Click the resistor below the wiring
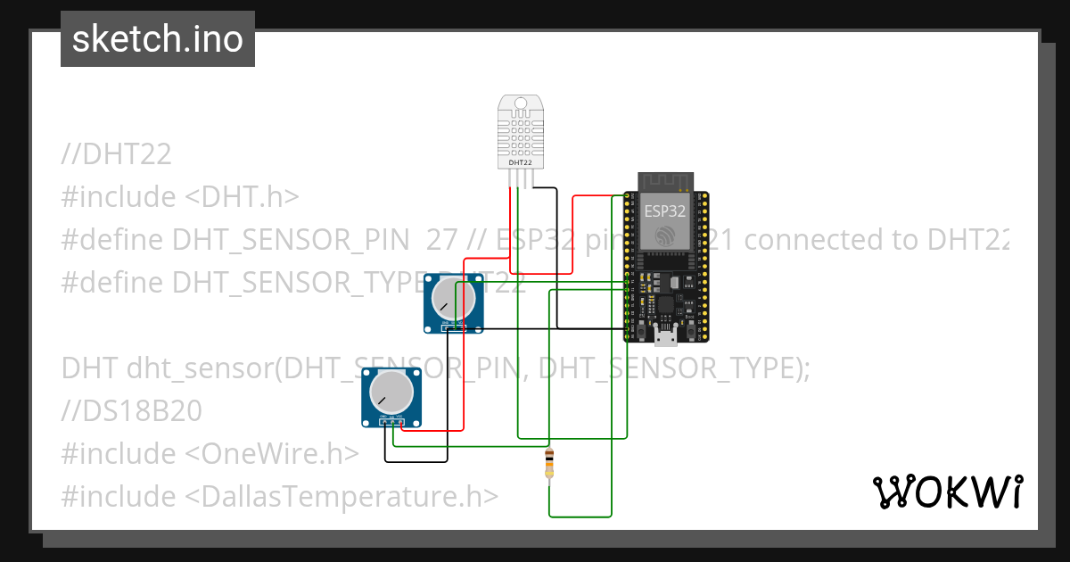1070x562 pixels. tap(548, 464)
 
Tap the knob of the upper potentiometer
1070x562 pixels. tap(452, 299)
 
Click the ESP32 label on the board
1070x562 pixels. tap(665, 212)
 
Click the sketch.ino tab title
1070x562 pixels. tap(158, 39)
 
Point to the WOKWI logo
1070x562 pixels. tap(947, 492)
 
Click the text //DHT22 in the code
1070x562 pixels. tap(117, 154)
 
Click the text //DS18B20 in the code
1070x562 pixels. tap(132, 411)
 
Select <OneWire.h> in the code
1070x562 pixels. tap(271, 454)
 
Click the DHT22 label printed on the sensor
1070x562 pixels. tap(520, 163)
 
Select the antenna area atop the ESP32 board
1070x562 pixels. tap(665, 182)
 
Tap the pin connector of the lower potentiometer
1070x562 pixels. tap(391, 423)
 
